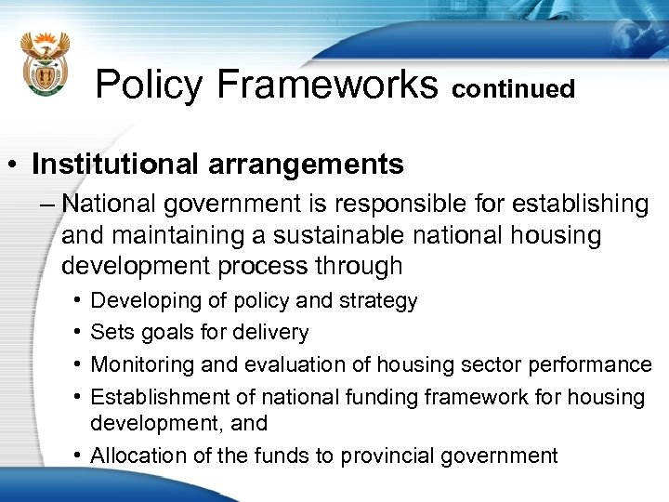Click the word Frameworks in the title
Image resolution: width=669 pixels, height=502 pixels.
pos(327,85)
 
